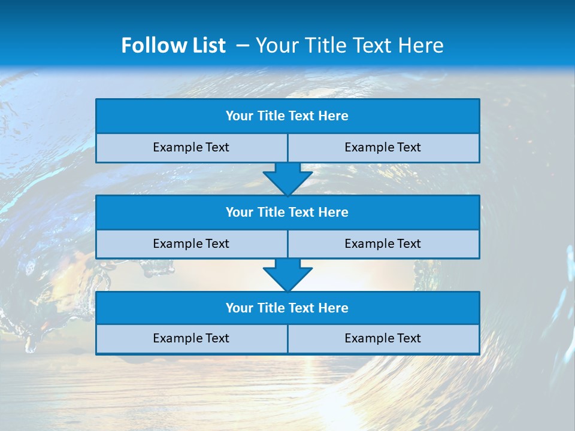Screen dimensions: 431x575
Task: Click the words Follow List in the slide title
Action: click(x=173, y=45)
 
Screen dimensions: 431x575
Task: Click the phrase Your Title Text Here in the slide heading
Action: click(x=349, y=45)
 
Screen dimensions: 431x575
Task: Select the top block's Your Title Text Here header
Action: click(x=287, y=116)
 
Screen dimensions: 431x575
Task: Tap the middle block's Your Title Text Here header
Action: click(x=287, y=212)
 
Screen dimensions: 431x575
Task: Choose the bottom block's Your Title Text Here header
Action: click(x=287, y=308)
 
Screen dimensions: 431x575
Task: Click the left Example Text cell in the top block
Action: click(x=191, y=147)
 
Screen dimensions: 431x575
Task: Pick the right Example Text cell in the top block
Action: click(x=383, y=147)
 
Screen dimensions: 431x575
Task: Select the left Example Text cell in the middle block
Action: click(x=191, y=244)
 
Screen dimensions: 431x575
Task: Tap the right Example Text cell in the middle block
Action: click(x=383, y=244)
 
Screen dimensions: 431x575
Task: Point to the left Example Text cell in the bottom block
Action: click(x=191, y=338)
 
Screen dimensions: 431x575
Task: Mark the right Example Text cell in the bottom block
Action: click(x=383, y=338)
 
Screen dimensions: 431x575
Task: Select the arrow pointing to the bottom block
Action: click(x=287, y=275)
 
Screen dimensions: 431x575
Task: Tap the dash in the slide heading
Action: click(x=243, y=45)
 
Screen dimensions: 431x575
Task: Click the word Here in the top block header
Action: click(x=333, y=116)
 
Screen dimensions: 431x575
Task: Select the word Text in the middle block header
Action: click(x=301, y=212)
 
